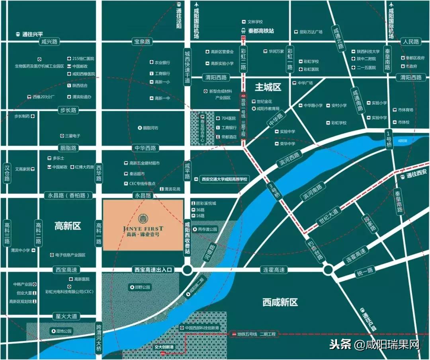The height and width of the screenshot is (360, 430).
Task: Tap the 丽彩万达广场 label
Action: coord(308,31)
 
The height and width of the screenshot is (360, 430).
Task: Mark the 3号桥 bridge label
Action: coord(274,191)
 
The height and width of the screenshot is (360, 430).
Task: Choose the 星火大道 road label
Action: coord(66,317)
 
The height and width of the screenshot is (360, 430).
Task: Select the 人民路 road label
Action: coord(410,41)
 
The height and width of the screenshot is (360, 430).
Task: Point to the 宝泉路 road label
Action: coord(142,41)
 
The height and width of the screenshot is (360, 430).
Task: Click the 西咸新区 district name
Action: coord(280,302)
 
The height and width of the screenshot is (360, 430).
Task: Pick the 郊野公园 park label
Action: coord(141,287)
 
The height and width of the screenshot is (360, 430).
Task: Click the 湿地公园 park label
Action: coord(62,331)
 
